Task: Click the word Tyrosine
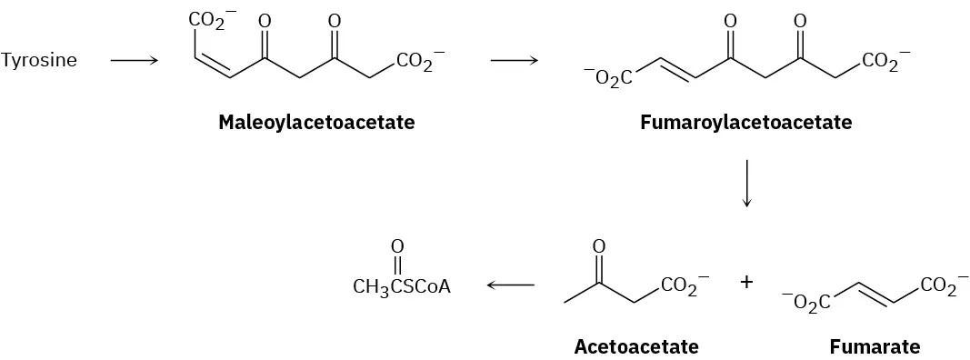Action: (x=39, y=62)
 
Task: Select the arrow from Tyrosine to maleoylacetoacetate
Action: (x=134, y=62)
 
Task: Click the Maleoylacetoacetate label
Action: (x=315, y=122)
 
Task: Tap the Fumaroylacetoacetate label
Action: (x=745, y=122)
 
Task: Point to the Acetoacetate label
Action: (x=636, y=346)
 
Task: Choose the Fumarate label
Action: (x=874, y=346)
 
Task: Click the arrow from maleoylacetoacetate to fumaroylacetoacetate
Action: (x=514, y=62)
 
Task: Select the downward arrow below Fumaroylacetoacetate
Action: (x=746, y=184)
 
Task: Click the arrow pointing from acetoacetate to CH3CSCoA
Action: (x=510, y=285)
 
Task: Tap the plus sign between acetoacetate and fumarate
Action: (x=746, y=283)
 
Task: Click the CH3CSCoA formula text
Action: (x=401, y=287)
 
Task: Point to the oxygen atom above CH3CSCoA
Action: (x=396, y=246)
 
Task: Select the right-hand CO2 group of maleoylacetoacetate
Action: (x=416, y=63)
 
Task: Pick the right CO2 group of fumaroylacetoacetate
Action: (x=880, y=63)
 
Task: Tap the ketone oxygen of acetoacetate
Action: (x=598, y=246)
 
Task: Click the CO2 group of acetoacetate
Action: (x=681, y=286)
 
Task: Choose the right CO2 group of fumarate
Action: (x=938, y=286)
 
